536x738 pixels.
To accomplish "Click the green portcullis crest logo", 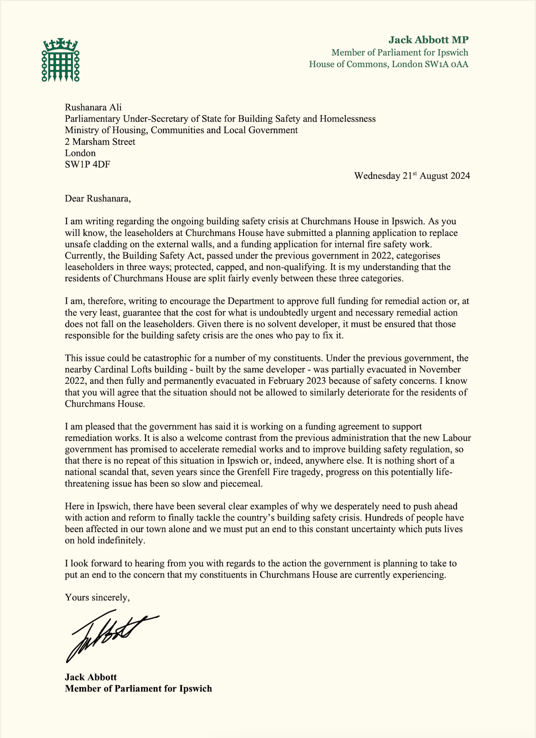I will click(x=61, y=60).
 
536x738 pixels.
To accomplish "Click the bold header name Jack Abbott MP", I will click(x=428, y=40).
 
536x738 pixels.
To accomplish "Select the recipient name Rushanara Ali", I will click(x=93, y=107).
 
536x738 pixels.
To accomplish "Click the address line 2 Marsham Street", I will click(x=100, y=142).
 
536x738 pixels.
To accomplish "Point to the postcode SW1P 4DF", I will click(x=88, y=164).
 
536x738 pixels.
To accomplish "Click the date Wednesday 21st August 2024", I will click(x=412, y=176).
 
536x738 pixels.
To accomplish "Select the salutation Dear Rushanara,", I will click(x=98, y=198).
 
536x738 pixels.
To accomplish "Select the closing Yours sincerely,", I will click(x=97, y=597).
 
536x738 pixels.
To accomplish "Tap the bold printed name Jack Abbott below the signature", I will click(x=91, y=677).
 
